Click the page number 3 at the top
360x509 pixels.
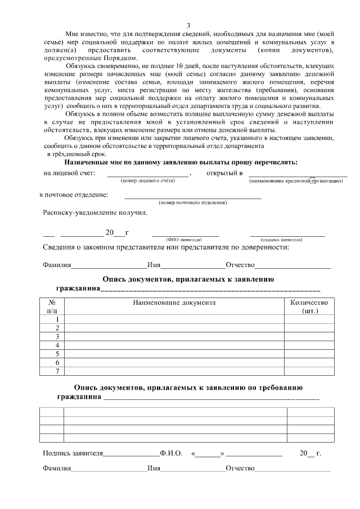(188, 25)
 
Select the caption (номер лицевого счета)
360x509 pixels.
(148, 181)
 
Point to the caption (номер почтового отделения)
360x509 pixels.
(192, 202)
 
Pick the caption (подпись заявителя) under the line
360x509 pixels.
(287, 239)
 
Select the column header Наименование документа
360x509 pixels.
(174, 303)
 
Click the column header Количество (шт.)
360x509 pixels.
(308, 307)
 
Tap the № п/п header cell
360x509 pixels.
(52, 307)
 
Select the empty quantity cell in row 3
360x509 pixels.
(308, 336)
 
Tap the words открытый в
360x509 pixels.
(224, 173)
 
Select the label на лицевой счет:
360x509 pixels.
(69, 173)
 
